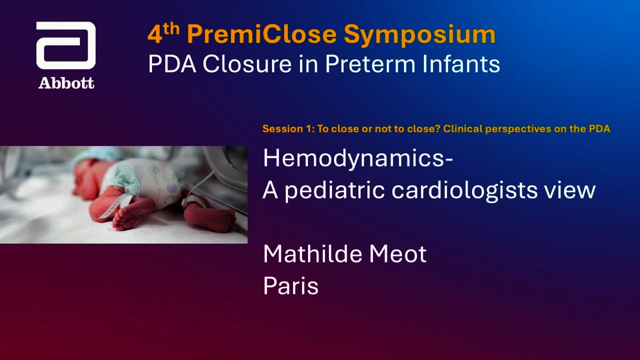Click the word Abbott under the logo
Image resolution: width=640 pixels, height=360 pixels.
66,83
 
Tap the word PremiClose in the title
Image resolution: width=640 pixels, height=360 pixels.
261,34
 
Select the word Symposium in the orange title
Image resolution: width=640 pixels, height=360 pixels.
419,35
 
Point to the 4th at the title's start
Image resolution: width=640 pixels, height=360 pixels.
163,33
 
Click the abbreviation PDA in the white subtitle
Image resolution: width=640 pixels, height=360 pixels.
172,64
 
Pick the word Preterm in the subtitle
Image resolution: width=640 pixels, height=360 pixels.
370,64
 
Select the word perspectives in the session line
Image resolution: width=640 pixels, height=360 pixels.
518,129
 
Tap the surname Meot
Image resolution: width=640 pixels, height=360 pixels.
398,254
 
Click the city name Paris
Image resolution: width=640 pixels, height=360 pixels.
290,285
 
